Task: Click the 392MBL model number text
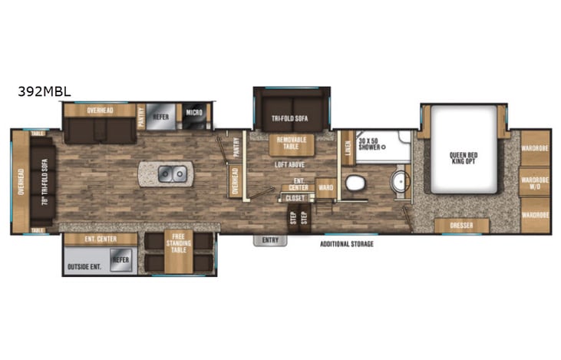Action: (x=45, y=91)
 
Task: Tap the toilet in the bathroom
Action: (x=355, y=183)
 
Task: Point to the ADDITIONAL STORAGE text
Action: (x=346, y=244)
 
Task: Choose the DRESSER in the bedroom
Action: (x=461, y=226)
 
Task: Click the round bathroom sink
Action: (x=398, y=182)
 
